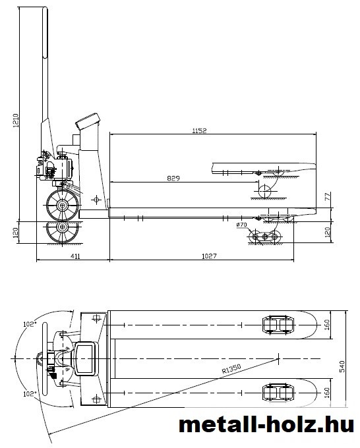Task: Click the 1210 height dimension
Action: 16,121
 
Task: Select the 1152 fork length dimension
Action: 199,130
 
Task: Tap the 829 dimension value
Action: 173,179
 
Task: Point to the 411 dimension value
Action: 75,256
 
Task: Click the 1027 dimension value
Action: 209,256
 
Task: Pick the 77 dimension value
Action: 328,196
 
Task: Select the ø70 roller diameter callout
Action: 241,225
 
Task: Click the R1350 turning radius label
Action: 231,369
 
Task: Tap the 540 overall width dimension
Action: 342,366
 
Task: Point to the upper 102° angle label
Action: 30,324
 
